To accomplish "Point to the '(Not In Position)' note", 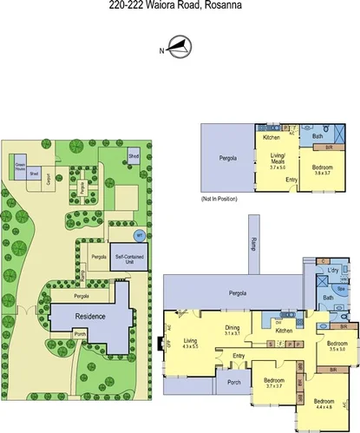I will pyautogui.click(x=218, y=200).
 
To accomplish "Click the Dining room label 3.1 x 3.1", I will pyautogui.click(x=231, y=331).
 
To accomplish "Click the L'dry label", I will pyautogui.click(x=332, y=271).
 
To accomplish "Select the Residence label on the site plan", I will pyautogui.click(x=89, y=316).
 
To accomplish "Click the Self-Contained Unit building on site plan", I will pyautogui.click(x=128, y=259).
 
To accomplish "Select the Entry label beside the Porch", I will pyautogui.click(x=238, y=357).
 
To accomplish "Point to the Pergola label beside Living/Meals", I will pyautogui.click(x=226, y=158).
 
